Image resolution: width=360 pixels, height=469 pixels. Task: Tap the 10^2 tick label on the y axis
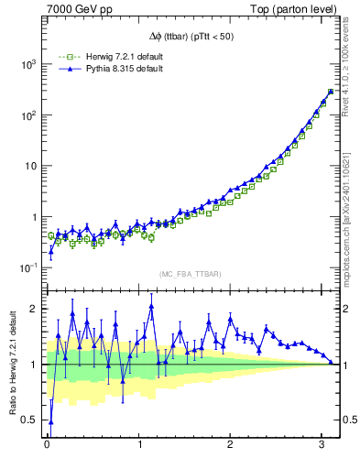coord(28,115)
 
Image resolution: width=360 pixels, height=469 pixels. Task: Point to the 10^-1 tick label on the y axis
coord(28,267)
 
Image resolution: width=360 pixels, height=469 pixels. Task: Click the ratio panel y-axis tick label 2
coord(35,309)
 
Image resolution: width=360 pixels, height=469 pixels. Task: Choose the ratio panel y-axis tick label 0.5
coord(30,420)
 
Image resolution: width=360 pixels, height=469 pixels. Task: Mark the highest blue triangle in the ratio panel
coord(150,307)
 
